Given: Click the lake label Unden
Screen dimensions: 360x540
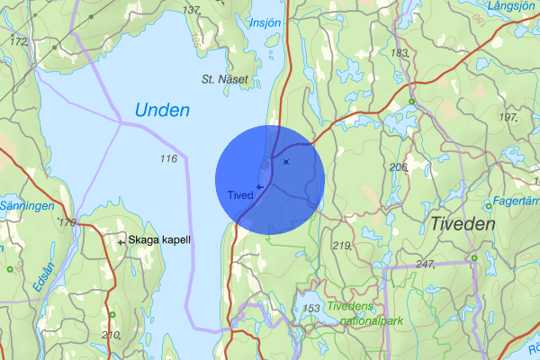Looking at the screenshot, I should point(163,111).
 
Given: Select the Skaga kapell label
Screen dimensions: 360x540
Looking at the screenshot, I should point(159,240).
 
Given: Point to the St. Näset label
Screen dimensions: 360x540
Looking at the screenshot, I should point(223,79).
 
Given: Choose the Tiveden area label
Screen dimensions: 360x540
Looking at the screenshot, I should point(463,224).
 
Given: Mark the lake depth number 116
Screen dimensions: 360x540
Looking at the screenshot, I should point(167,159).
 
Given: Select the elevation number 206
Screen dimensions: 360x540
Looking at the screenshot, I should point(399,167).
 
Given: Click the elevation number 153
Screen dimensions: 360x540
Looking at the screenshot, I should point(311,309).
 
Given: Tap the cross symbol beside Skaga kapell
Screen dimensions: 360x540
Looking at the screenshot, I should point(121,241).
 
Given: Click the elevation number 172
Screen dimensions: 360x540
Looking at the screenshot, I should point(17,41).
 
